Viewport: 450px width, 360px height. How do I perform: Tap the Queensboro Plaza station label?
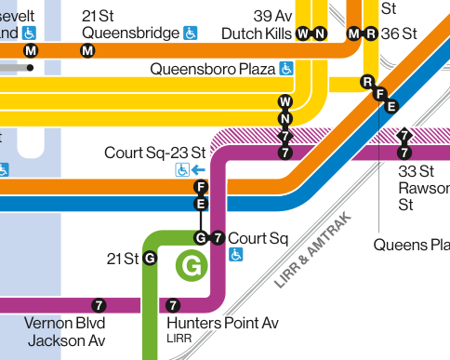[x=212, y=69]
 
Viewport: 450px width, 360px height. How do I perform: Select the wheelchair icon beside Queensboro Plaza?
[x=287, y=69]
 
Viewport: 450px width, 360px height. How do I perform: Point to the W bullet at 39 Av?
[x=302, y=34]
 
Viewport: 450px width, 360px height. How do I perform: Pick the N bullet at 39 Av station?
[x=319, y=34]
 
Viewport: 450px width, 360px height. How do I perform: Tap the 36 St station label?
[x=399, y=33]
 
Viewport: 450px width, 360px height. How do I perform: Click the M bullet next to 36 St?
[x=353, y=34]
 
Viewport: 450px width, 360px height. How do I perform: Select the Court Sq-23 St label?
[x=154, y=152]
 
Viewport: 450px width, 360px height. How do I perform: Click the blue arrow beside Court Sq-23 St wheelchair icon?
[x=200, y=170]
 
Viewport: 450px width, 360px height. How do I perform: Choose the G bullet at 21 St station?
[x=150, y=257]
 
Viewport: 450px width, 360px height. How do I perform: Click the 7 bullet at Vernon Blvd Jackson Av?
[x=99, y=305]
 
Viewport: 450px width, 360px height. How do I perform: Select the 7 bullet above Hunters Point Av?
[x=172, y=305]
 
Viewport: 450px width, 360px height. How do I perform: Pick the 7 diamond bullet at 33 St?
[x=404, y=136]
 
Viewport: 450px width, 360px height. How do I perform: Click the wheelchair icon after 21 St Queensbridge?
[x=191, y=33]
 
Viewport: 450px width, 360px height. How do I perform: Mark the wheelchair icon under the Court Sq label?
[x=236, y=255]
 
